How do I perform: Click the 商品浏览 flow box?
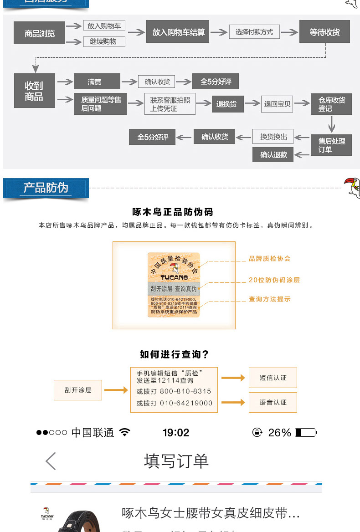[39, 33]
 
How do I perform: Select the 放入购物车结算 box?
[178, 32]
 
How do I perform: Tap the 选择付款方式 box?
[254, 32]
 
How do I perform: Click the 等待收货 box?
[324, 32]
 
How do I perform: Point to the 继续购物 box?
[104, 41]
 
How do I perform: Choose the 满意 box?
[97, 82]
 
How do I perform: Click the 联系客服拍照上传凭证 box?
[170, 104]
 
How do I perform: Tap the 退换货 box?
[226, 104]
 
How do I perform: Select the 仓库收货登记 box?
[331, 104]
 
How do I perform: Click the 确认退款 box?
[273, 154]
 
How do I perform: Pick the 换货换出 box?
[273, 136]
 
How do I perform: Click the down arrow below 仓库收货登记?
[331, 124]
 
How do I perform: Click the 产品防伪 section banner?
[46, 188]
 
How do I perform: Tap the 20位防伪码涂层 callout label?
[274, 280]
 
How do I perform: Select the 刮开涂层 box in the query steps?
[78, 390]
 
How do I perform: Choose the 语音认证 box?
[273, 402]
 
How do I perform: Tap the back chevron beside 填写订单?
[51, 461]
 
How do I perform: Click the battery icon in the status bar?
[305, 432]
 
